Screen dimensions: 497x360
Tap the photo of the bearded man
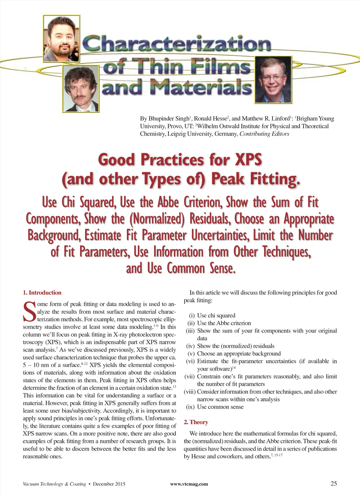(62, 38)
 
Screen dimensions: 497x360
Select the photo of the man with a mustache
(81, 89)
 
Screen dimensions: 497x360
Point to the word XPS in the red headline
(248, 160)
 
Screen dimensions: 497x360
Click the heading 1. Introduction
(42, 292)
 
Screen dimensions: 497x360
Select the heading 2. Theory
(196, 422)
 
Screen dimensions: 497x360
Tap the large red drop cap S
(30, 312)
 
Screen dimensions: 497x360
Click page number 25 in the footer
(334, 483)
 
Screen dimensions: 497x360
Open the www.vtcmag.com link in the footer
(189, 484)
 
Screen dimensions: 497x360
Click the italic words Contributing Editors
(264, 134)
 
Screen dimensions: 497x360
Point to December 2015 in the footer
(109, 484)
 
